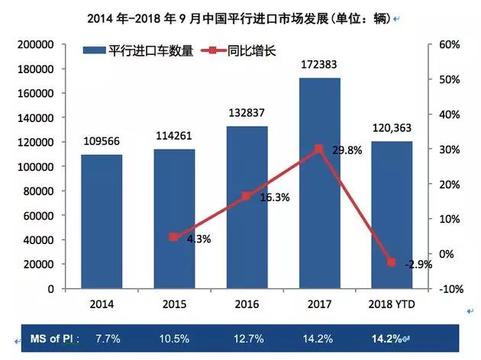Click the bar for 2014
click(102, 221)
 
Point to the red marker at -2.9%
click(392, 262)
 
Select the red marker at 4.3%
click(174, 236)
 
